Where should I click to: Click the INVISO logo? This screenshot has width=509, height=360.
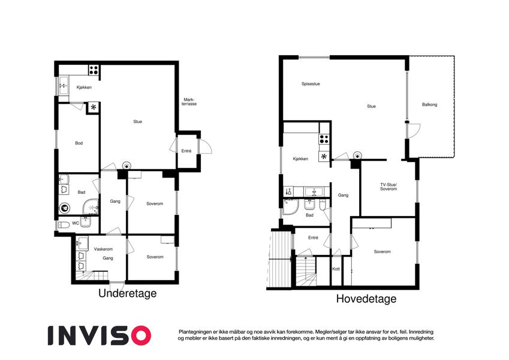[100, 335]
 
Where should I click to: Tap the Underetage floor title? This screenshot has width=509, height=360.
[128, 293]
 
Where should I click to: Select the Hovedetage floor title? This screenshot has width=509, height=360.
[366, 299]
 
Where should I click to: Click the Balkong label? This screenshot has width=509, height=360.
[429, 104]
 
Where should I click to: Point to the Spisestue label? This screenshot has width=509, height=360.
[311, 84]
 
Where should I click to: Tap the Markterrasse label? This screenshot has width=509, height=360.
[189, 101]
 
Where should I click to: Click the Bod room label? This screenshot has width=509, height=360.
[79, 143]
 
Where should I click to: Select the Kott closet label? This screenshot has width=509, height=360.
[336, 269]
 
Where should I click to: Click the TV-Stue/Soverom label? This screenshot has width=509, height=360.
[388, 187]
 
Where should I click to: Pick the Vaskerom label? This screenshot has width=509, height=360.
[103, 249]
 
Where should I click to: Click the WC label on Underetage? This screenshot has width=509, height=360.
[76, 223]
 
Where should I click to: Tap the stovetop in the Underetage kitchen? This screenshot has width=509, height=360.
[94, 70]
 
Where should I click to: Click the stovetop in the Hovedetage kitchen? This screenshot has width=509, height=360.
[324, 139]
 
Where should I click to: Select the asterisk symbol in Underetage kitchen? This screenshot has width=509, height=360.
[94, 107]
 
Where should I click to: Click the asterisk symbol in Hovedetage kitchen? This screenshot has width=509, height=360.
[324, 157]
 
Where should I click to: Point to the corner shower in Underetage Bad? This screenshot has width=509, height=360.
[91, 206]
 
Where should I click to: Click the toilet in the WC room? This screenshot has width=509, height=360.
[64, 224]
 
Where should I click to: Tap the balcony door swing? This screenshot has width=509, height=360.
[414, 131]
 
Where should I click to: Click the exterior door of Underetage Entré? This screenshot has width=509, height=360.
[205, 146]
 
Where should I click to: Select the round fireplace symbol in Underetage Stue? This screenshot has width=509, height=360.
[127, 166]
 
